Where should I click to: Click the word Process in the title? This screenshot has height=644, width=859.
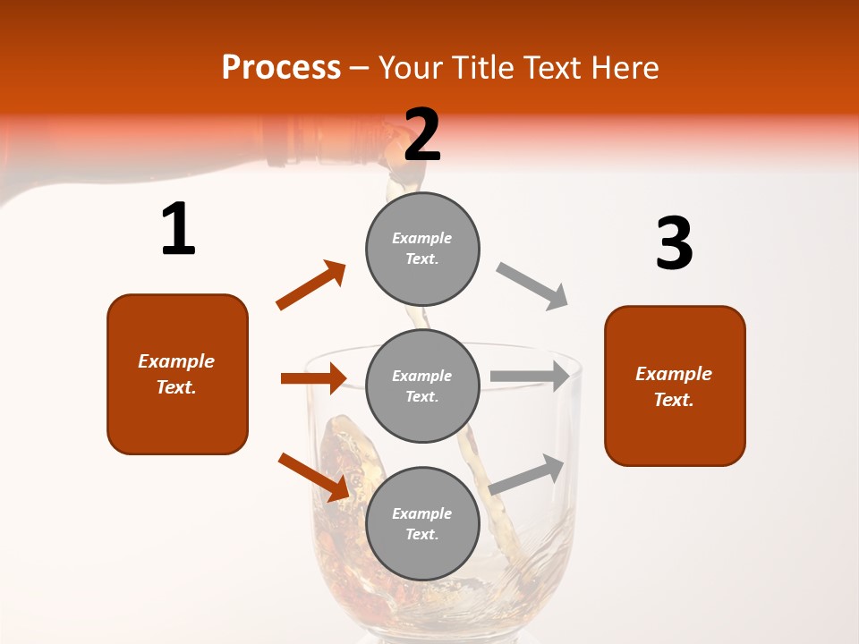(281, 67)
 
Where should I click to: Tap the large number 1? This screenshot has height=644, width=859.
(178, 230)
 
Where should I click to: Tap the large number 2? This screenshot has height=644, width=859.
(422, 135)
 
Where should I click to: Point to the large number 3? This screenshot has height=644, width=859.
(674, 243)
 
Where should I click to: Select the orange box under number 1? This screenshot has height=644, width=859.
(177, 374)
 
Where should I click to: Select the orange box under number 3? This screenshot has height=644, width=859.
(675, 386)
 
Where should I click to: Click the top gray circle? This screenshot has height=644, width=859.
(422, 249)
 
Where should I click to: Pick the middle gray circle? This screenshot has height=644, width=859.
(422, 386)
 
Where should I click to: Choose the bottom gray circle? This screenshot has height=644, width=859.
(422, 523)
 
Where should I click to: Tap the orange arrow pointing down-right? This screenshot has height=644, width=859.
(314, 476)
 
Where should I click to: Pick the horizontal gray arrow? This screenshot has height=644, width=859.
(530, 376)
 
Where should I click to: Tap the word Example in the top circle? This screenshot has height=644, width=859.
(422, 238)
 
